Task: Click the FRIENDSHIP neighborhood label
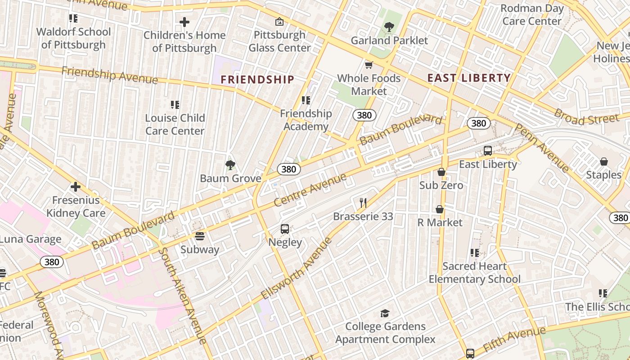coord(257,80)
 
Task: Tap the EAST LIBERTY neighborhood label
coord(469,78)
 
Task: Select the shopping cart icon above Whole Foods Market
coord(369,65)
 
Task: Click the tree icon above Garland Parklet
coord(389,27)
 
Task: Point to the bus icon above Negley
coord(285,229)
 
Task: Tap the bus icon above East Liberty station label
coord(488,151)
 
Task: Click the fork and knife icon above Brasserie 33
coord(363,203)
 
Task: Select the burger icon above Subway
coord(200,236)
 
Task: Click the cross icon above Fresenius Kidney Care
coord(76,187)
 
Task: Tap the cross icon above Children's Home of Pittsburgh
coord(184,22)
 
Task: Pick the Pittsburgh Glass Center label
coord(279,41)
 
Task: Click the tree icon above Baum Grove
coord(230,165)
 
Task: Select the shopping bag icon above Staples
coord(603,162)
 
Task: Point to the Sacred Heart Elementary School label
coord(474,273)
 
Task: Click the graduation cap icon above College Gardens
coord(385,313)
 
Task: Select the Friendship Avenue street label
coord(109,75)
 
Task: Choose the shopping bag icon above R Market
coord(440,209)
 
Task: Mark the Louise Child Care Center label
coord(175,124)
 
